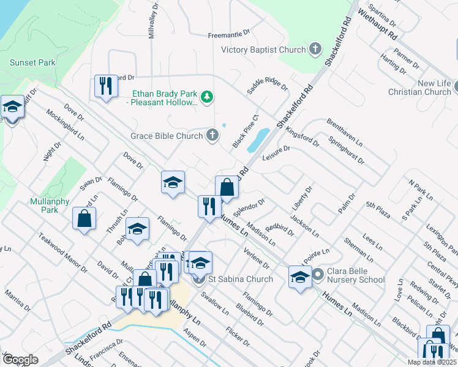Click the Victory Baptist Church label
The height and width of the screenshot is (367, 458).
[x=263, y=50]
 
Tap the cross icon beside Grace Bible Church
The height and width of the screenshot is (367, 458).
[x=212, y=135]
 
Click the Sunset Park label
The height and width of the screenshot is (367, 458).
[x=32, y=62]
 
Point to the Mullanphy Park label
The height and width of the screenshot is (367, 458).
[x=43, y=206]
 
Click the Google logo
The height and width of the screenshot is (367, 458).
[x=20, y=360]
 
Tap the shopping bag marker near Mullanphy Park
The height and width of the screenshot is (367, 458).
[x=84, y=218]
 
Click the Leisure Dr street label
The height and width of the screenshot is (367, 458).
[x=276, y=152]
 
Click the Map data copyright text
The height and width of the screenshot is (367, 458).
[x=429, y=362]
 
